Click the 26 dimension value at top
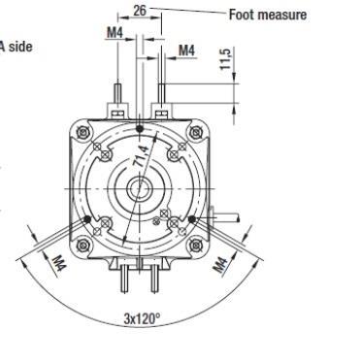(x=140, y=11)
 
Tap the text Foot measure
(x=268, y=15)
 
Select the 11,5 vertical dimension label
(x=225, y=58)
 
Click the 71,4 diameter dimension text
(x=142, y=156)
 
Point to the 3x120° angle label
(x=142, y=318)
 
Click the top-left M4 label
(x=115, y=32)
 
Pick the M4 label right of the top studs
(x=187, y=50)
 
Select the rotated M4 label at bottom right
(x=221, y=265)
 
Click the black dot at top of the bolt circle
(x=140, y=129)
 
